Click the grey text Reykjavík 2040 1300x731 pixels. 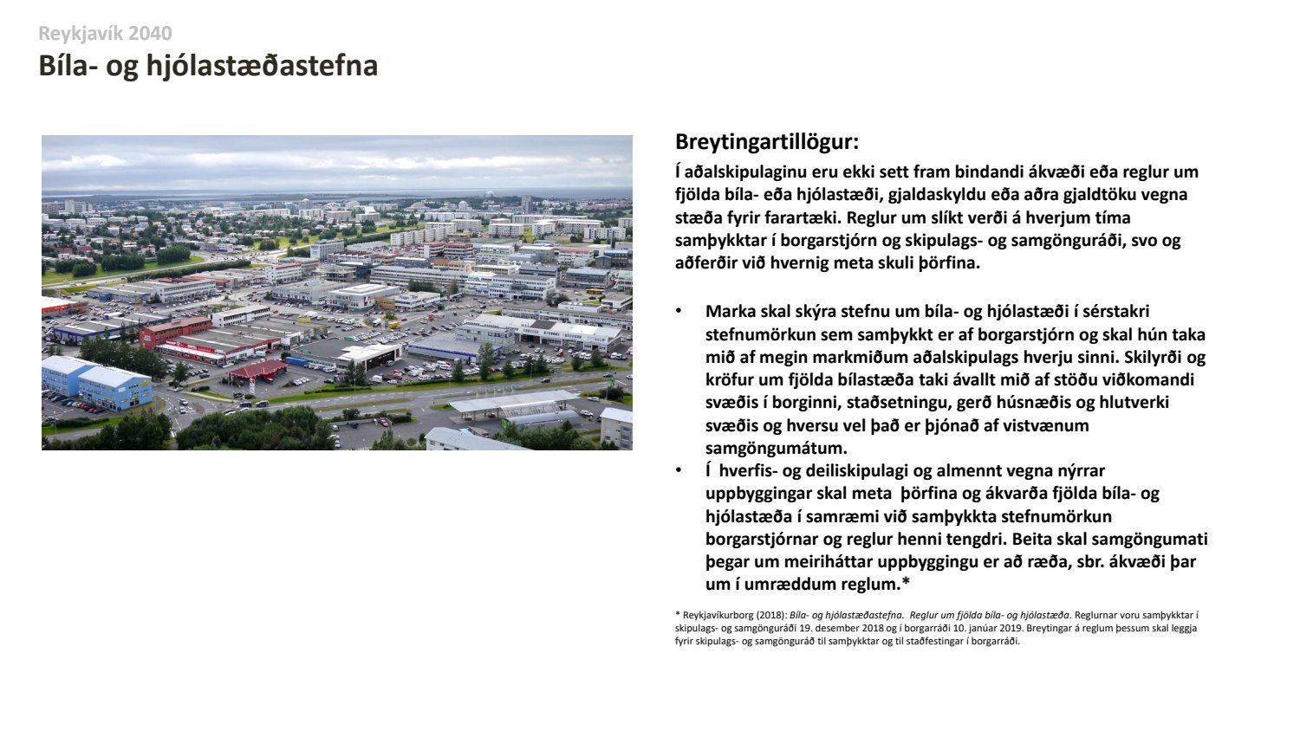pyautogui.click(x=105, y=34)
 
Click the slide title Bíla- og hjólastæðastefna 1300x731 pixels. pyautogui.click(x=208, y=66)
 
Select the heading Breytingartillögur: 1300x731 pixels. pyautogui.click(x=767, y=141)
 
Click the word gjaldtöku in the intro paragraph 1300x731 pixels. pyautogui.click(x=1093, y=195)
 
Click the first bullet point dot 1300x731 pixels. pyautogui.click(x=679, y=312)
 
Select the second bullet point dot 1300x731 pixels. pyautogui.click(x=679, y=470)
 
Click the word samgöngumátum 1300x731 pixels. pyautogui.click(x=777, y=449)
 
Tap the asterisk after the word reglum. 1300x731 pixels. pyautogui.click(x=906, y=582)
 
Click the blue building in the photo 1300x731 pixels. pyautogui.click(x=96, y=383)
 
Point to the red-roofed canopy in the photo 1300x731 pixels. pyautogui.click(x=258, y=370)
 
